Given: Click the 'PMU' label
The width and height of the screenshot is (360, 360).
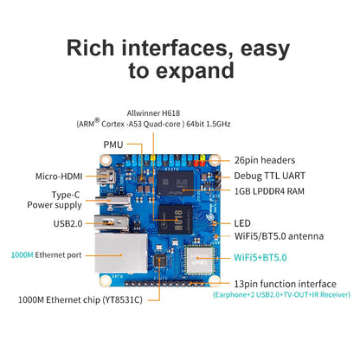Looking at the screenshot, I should pos(113,146).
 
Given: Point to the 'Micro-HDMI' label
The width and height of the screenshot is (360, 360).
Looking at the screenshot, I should pos(59,176).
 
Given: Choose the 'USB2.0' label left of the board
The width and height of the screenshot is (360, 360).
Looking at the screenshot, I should pos(65,222).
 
